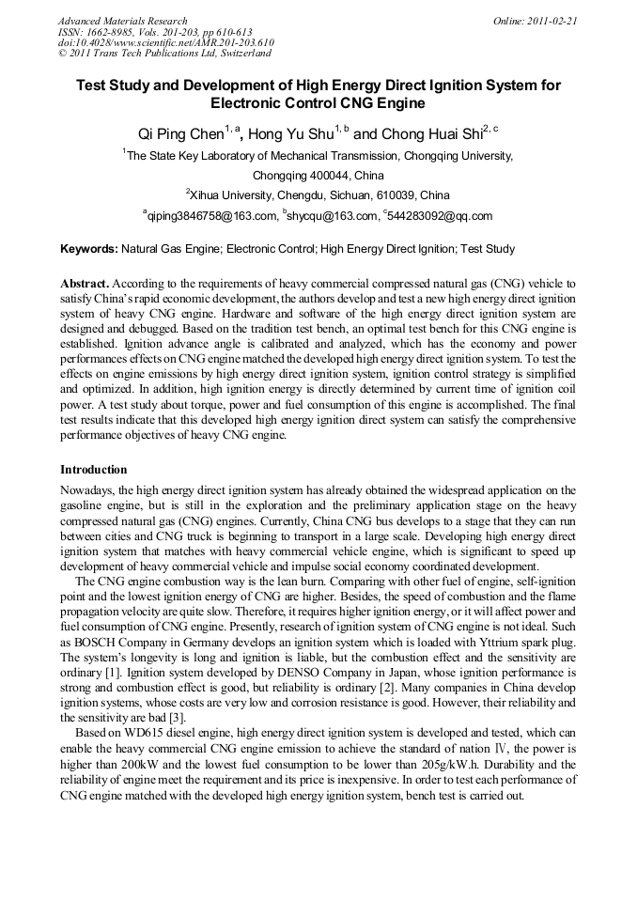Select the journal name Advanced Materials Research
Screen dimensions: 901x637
[122, 21]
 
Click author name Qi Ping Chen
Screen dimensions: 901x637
[178, 134]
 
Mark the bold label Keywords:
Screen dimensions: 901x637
[89, 249]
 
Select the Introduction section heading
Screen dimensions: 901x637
[93, 469]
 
